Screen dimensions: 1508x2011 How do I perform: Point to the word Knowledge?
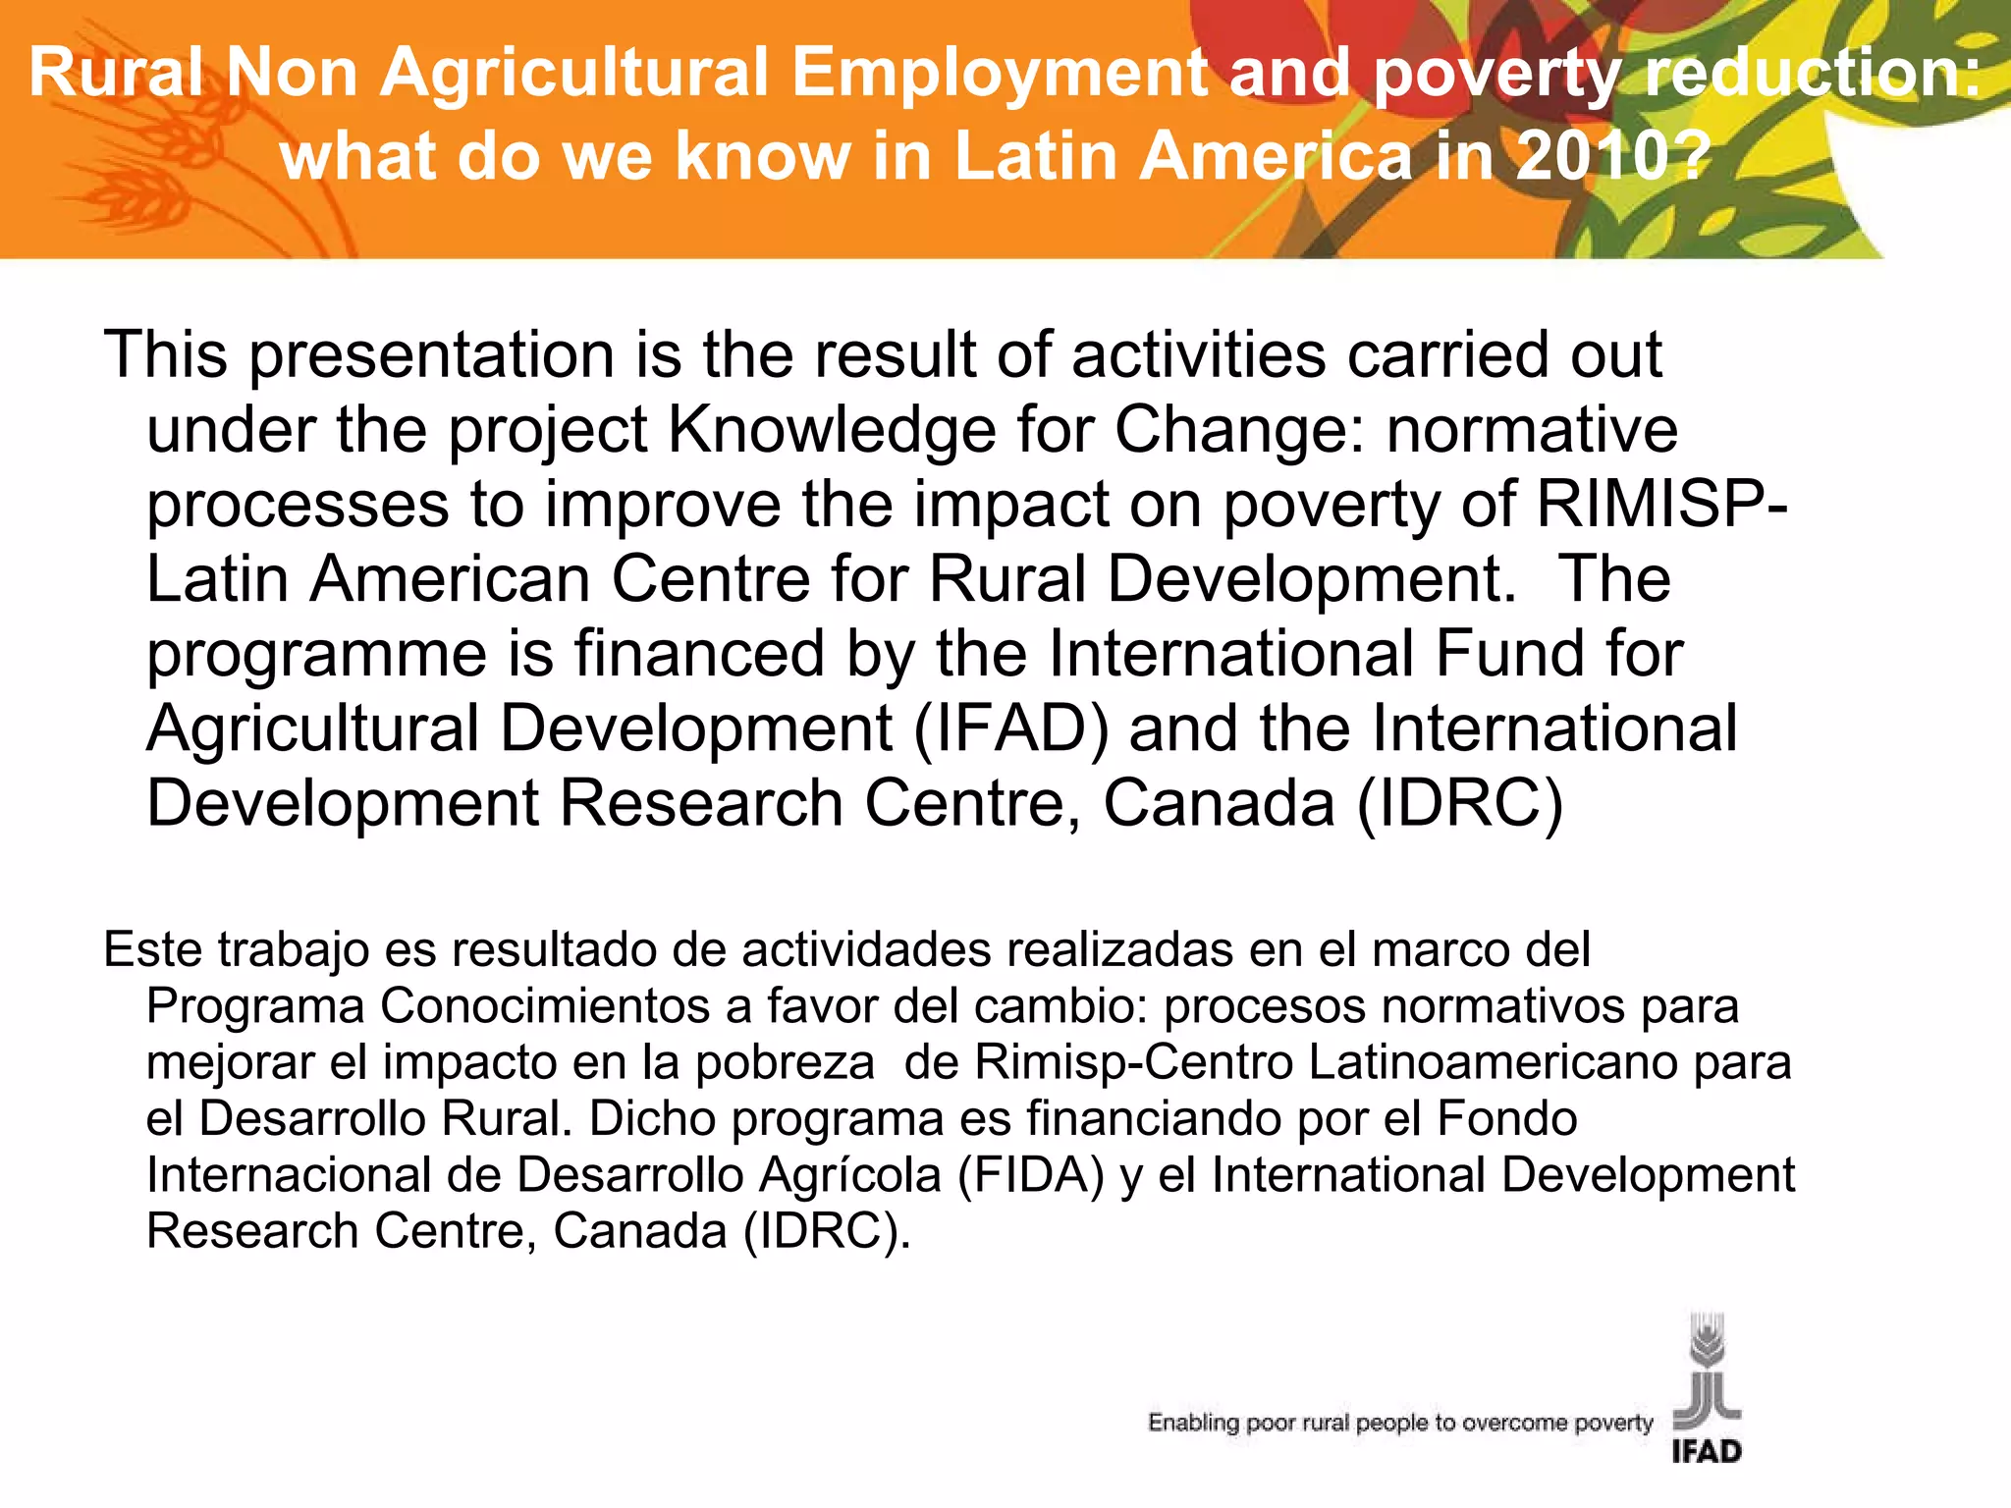(x=831, y=430)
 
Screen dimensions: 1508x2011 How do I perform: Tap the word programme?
(x=316, y=654)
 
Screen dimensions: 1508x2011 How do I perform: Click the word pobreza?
(x=785, y=1062)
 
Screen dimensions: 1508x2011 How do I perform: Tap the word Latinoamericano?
(x=1492, y=1062)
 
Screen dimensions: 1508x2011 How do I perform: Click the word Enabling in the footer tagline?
(x=1193, y=1423)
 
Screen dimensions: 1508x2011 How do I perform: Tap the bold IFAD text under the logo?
(x=1707, y=1451)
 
